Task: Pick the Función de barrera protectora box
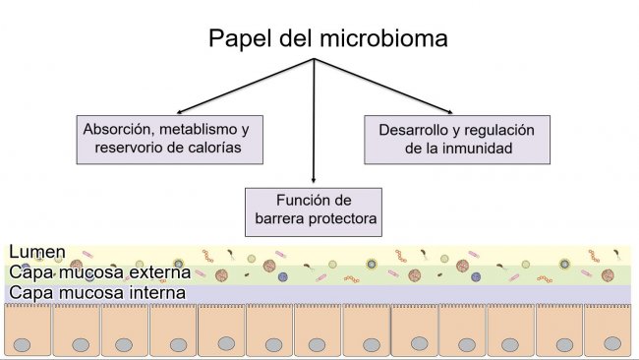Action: pyautogui.click(x=313, y=209)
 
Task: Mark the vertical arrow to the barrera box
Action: pyautogui.click(x=314, y=128)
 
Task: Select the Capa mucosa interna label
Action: pyautogui.click(x=96, y=292)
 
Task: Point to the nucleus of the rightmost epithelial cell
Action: pyautogui.click(x=611, y=343)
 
